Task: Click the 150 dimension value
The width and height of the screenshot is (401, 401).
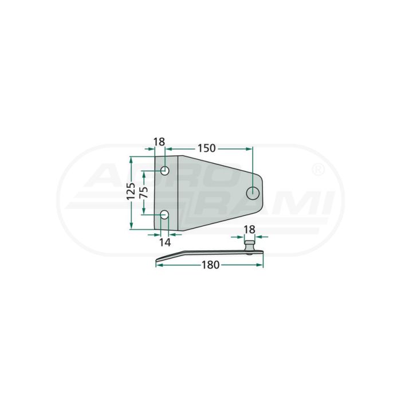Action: pyautogui.click(x=206, y=148)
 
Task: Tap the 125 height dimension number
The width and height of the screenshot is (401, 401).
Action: pyautogui.click(x=131, y=191)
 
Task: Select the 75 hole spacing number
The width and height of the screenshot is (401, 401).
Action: pyautogui.click(x=144, y=192)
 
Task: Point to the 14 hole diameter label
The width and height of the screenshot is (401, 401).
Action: pyautogui.click(x=165, y=242)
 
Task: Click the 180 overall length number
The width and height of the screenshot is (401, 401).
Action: pyautogui.click(x=210, y=265)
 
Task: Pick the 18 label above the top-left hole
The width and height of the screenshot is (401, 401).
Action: pyautogui.click(x=159, y=142)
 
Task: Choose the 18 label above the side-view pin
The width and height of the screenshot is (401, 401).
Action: pyautogui.click(x=249, y=230)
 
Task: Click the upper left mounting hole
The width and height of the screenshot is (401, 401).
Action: pyautogui.click(x=165, y=171)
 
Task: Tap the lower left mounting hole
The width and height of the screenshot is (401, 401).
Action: pyautogui.click(x=164, y=215)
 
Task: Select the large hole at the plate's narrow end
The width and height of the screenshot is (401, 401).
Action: pyautogui.click(x=253, y=193)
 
